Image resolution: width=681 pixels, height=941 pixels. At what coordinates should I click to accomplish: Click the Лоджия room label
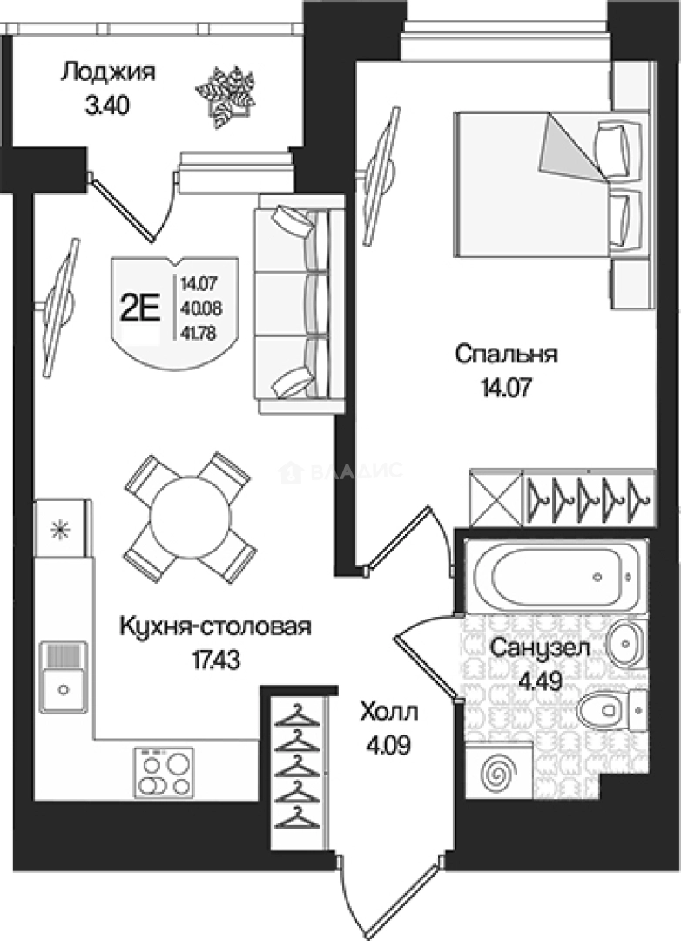[x=107, y=72]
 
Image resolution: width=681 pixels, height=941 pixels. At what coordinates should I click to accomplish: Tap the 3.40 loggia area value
[x=107, y=107]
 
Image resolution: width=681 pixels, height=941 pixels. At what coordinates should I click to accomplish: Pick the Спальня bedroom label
[x=506, y=355]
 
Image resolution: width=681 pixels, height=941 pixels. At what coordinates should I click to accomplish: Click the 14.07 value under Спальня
[x=506, y=385]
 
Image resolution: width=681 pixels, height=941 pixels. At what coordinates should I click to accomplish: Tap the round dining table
[x=189, y=517]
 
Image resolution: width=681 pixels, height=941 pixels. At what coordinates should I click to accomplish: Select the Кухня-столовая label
[x=215, y=626]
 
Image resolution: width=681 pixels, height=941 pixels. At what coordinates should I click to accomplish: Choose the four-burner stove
[x=165, y=772]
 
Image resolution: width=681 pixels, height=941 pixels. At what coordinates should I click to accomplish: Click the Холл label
[x=389, y=714]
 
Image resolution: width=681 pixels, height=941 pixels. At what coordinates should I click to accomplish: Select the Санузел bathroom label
[x=541, y=648]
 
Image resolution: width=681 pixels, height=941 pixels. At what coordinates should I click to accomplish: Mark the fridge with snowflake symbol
[x=60, y=528]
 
